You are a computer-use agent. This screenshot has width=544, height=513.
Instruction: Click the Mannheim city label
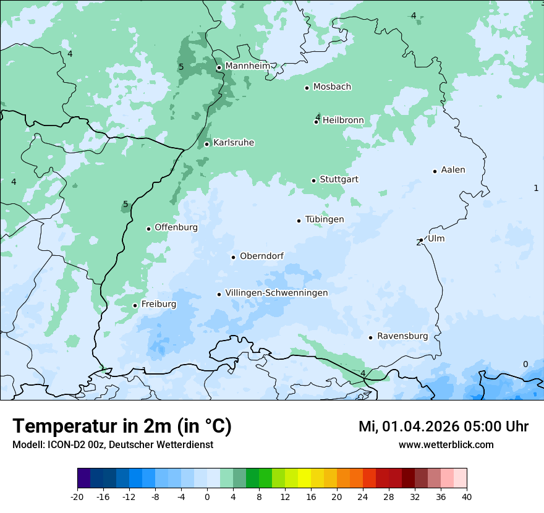pos(247,66)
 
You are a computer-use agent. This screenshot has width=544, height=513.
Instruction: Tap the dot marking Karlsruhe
pos(207,144)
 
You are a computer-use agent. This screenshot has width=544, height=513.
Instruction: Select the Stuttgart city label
pos(339,180)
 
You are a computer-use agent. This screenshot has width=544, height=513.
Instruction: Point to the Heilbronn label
pos(343,121)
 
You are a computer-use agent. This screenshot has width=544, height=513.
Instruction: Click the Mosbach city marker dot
pos(307,88)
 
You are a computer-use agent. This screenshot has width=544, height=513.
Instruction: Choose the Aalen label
pos(453,170)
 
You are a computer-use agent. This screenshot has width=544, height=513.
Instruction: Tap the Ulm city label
pos(436,239)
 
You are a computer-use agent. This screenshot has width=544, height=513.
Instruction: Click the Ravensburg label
pos(402,336)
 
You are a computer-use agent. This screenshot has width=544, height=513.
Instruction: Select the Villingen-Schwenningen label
pos(276,293)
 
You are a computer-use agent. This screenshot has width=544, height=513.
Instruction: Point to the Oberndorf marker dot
pos(233,257)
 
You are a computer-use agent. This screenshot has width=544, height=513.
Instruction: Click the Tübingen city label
pos(325,219)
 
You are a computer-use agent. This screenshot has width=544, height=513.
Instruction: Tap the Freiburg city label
pos(158,304)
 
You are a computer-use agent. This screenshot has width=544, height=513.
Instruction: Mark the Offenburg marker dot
pos(148,229)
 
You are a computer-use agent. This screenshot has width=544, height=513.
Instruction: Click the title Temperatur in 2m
pos(122,426)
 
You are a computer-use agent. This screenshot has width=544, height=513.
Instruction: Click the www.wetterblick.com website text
pos(446,444)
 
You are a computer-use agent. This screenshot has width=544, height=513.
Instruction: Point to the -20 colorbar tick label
pos(77,497)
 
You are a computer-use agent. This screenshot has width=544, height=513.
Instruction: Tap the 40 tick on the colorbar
pos(467,497)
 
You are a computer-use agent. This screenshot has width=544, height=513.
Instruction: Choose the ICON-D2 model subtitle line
pos(113,444)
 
